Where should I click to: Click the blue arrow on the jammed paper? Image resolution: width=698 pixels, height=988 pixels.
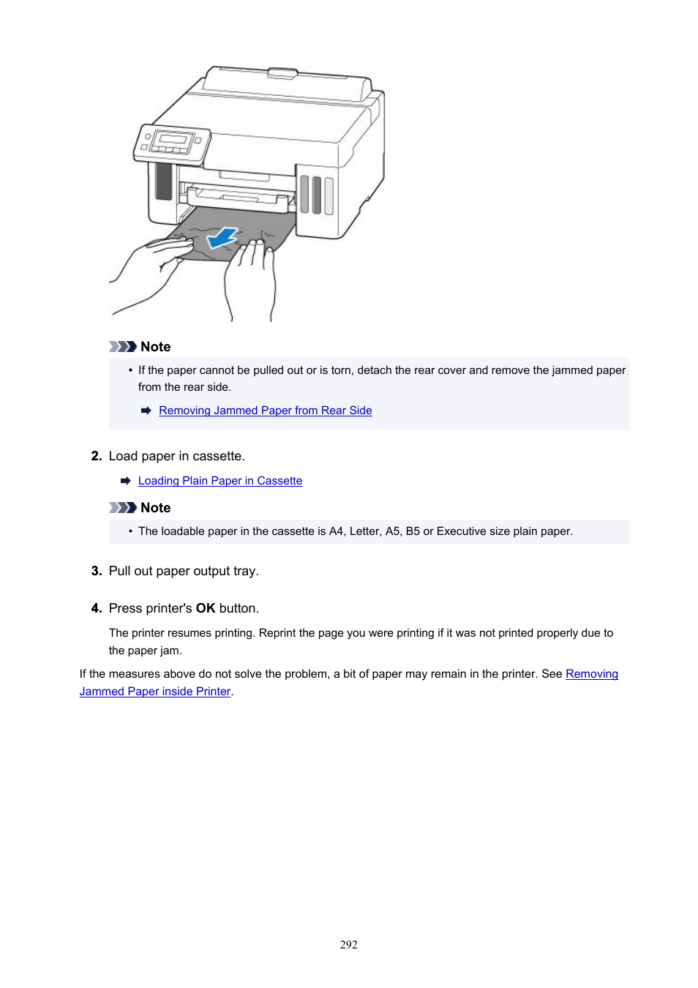point(222,238)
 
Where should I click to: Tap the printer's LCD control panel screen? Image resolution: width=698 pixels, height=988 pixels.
point(175,140)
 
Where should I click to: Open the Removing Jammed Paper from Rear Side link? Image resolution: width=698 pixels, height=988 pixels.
point(265,411)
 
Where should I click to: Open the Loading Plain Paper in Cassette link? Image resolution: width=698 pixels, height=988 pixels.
point(219,481)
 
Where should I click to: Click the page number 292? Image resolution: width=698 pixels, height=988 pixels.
point(348,945)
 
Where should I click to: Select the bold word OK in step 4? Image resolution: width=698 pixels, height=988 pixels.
point(206,608)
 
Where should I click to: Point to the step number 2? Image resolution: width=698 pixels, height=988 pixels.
point(96,456)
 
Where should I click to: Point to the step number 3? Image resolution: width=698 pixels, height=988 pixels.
point(96,571)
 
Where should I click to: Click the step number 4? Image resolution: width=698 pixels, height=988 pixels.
point(96,608)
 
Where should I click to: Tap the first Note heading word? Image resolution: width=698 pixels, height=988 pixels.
point(155,347)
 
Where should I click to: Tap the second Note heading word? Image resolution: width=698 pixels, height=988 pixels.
point(155,508)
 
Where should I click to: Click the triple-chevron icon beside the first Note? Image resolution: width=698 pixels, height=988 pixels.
point(122,347)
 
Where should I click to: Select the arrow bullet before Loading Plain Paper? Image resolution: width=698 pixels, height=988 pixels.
point(125,481)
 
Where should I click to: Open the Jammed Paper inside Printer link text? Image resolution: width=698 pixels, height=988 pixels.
point(155,692)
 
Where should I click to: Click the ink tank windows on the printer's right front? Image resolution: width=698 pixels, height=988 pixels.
point(317,195)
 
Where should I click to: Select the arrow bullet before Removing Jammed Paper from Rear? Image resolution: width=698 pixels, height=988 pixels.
point(146,411)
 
